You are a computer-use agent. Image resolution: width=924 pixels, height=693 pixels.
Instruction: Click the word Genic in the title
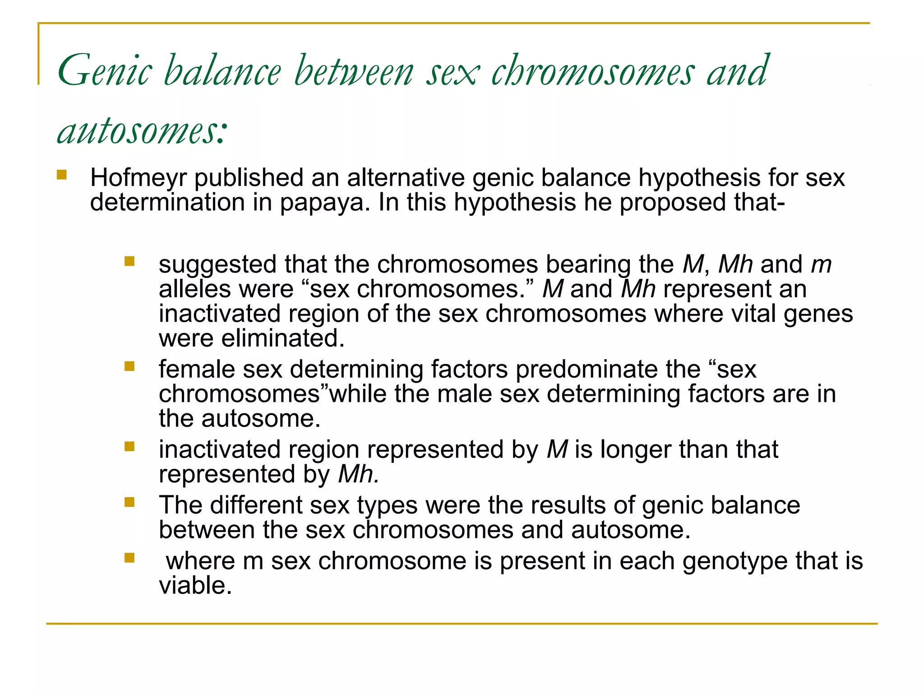click(x=105, y=71)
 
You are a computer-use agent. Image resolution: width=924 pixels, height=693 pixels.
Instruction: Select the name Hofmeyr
click(x=138, y=178)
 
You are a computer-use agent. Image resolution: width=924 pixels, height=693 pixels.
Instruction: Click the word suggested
click(x=217, y=264)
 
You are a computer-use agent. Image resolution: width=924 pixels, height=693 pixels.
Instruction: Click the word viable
click(x=195, y=586)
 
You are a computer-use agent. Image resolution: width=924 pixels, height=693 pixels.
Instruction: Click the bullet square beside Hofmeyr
click(x=62, y=175)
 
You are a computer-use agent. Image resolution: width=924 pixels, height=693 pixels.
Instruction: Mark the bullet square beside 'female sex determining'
click(x=129, y=366)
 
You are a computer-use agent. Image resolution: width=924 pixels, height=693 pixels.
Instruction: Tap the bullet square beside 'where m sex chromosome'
click(x=129, y=558)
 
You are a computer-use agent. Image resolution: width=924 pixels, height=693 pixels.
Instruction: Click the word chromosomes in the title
click(x=592, y=71)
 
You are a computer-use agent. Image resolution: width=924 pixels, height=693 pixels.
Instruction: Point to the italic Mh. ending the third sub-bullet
click(x=358, y=475)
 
